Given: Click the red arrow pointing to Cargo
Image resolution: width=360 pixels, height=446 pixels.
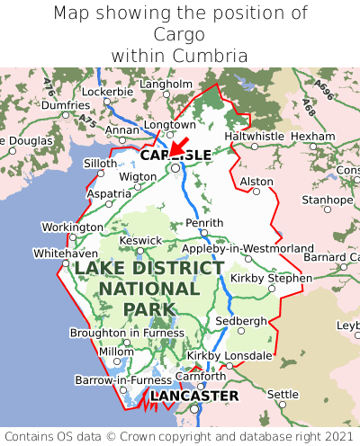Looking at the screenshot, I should (x=178, y=146).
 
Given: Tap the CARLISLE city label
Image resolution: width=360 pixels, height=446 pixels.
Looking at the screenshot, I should (x=175, y=156).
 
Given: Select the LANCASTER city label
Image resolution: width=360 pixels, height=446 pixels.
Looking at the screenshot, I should (x=194, y=396).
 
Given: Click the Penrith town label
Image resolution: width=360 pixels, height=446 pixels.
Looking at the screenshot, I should (x=203, y=223).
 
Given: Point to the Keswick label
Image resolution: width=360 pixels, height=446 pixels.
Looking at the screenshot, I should (x=141, y=240).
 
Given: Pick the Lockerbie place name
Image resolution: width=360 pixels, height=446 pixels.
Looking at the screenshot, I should (x=107, y=92).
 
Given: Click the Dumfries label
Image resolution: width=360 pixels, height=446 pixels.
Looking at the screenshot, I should (x=66, y=105).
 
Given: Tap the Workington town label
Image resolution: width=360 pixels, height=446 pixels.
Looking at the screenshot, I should (x=73, y=227).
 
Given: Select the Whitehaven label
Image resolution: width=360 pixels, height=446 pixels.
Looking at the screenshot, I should (x=65, y=254).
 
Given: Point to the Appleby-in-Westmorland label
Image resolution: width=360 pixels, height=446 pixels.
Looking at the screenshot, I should (x=247, y=248).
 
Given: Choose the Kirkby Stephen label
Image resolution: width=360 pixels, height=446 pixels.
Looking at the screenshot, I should (x=271, y=278).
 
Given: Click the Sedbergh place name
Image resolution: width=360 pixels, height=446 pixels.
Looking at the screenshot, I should (x=241, y=321).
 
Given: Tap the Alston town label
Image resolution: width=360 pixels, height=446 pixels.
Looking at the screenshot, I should (x=256, y=182).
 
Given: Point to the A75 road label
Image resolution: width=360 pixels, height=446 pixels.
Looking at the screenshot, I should (x=86, y=118).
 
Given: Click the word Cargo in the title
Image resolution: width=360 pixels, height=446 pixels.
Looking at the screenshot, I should (x=180, y=34).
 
